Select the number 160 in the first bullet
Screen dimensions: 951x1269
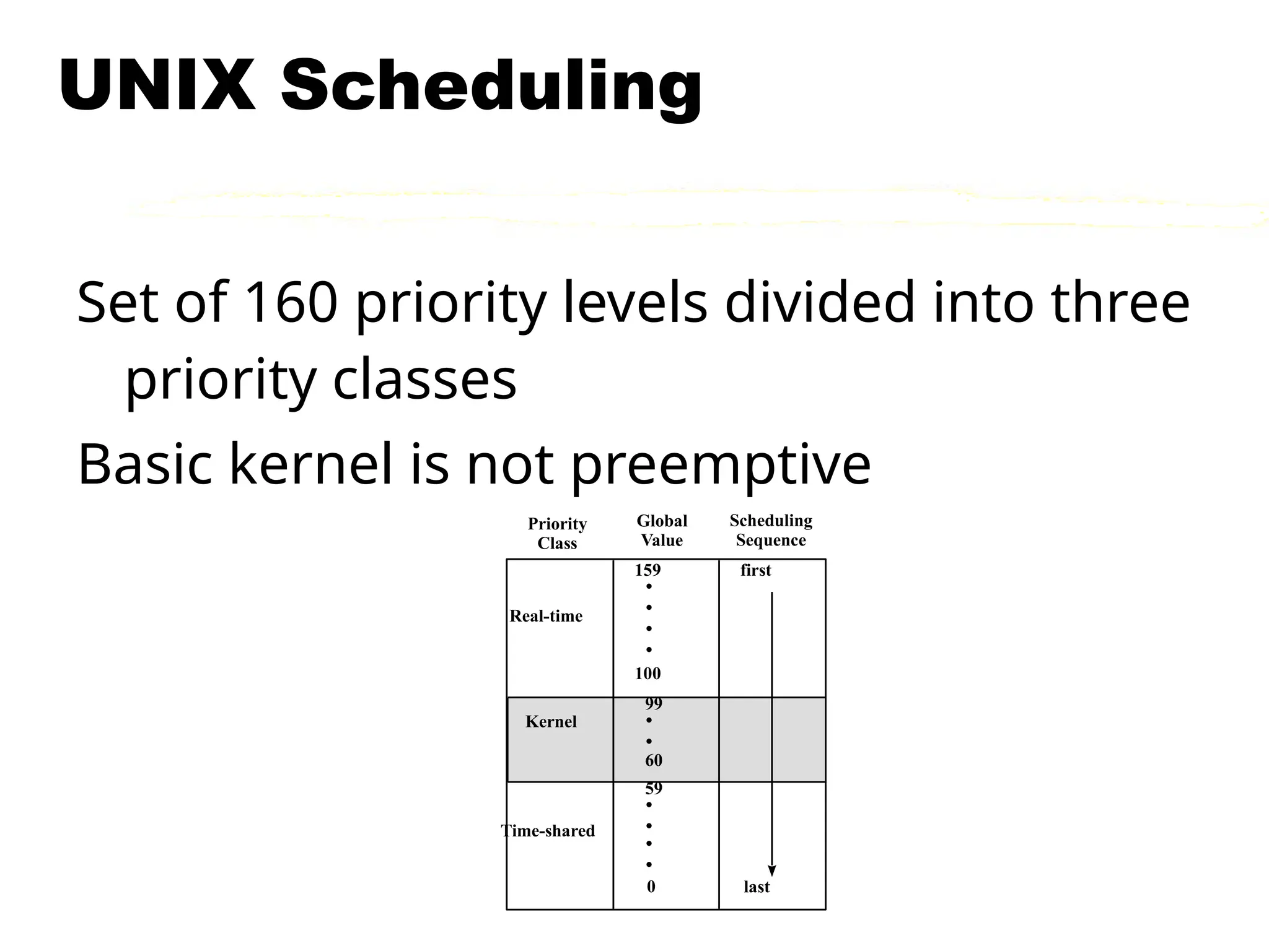point(291,302)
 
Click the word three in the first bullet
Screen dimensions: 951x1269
point(1120,302)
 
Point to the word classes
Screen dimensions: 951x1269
point(424,379)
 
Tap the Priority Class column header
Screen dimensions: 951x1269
point(557,533)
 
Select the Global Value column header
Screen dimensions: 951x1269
point(662,531)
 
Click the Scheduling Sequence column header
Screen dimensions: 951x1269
point(771,530)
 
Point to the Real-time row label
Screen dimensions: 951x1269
point(546,616)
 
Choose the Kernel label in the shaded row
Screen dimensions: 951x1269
point(551,721)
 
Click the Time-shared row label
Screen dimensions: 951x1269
point(548,831)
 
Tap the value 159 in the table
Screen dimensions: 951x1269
point(648,570)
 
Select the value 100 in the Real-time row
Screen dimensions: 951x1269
point(648,674)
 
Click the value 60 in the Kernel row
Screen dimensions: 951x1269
point(653,760)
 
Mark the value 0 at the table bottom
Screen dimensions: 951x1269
point(651,887)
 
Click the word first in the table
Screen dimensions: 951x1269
point(755,570)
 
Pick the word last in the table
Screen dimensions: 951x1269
point(757,887)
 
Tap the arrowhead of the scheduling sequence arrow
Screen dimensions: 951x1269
point(772,871)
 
